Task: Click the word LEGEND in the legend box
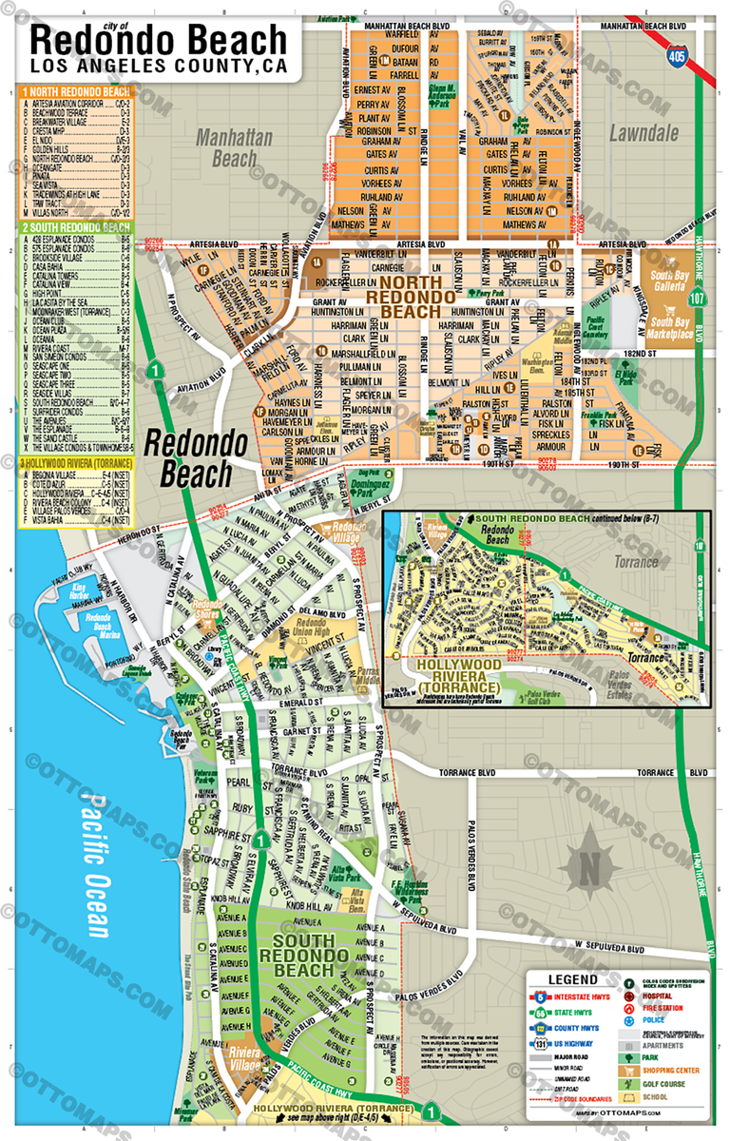(x=572, y=979)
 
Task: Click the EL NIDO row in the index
(x=76, y=137)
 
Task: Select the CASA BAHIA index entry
(x=76, y=269)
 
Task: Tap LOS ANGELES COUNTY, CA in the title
(x=158, y=67)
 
